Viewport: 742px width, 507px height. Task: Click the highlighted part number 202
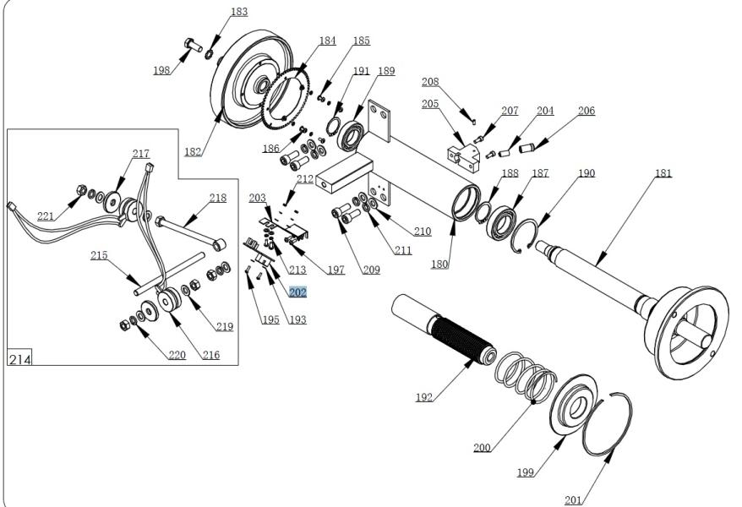[297, 292]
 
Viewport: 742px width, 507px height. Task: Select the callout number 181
[664, 172]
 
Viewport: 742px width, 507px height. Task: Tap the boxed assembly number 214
[19, 359]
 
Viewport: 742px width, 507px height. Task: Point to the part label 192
[423, 397]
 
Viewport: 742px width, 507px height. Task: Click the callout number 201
[573, 500]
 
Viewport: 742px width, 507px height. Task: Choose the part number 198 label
[161, 70]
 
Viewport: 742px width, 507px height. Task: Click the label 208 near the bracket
[430, 82]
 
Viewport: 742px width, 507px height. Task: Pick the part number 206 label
[587, 111]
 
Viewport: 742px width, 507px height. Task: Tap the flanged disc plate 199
[575, 410]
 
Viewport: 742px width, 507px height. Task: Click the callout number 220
[176, 355]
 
